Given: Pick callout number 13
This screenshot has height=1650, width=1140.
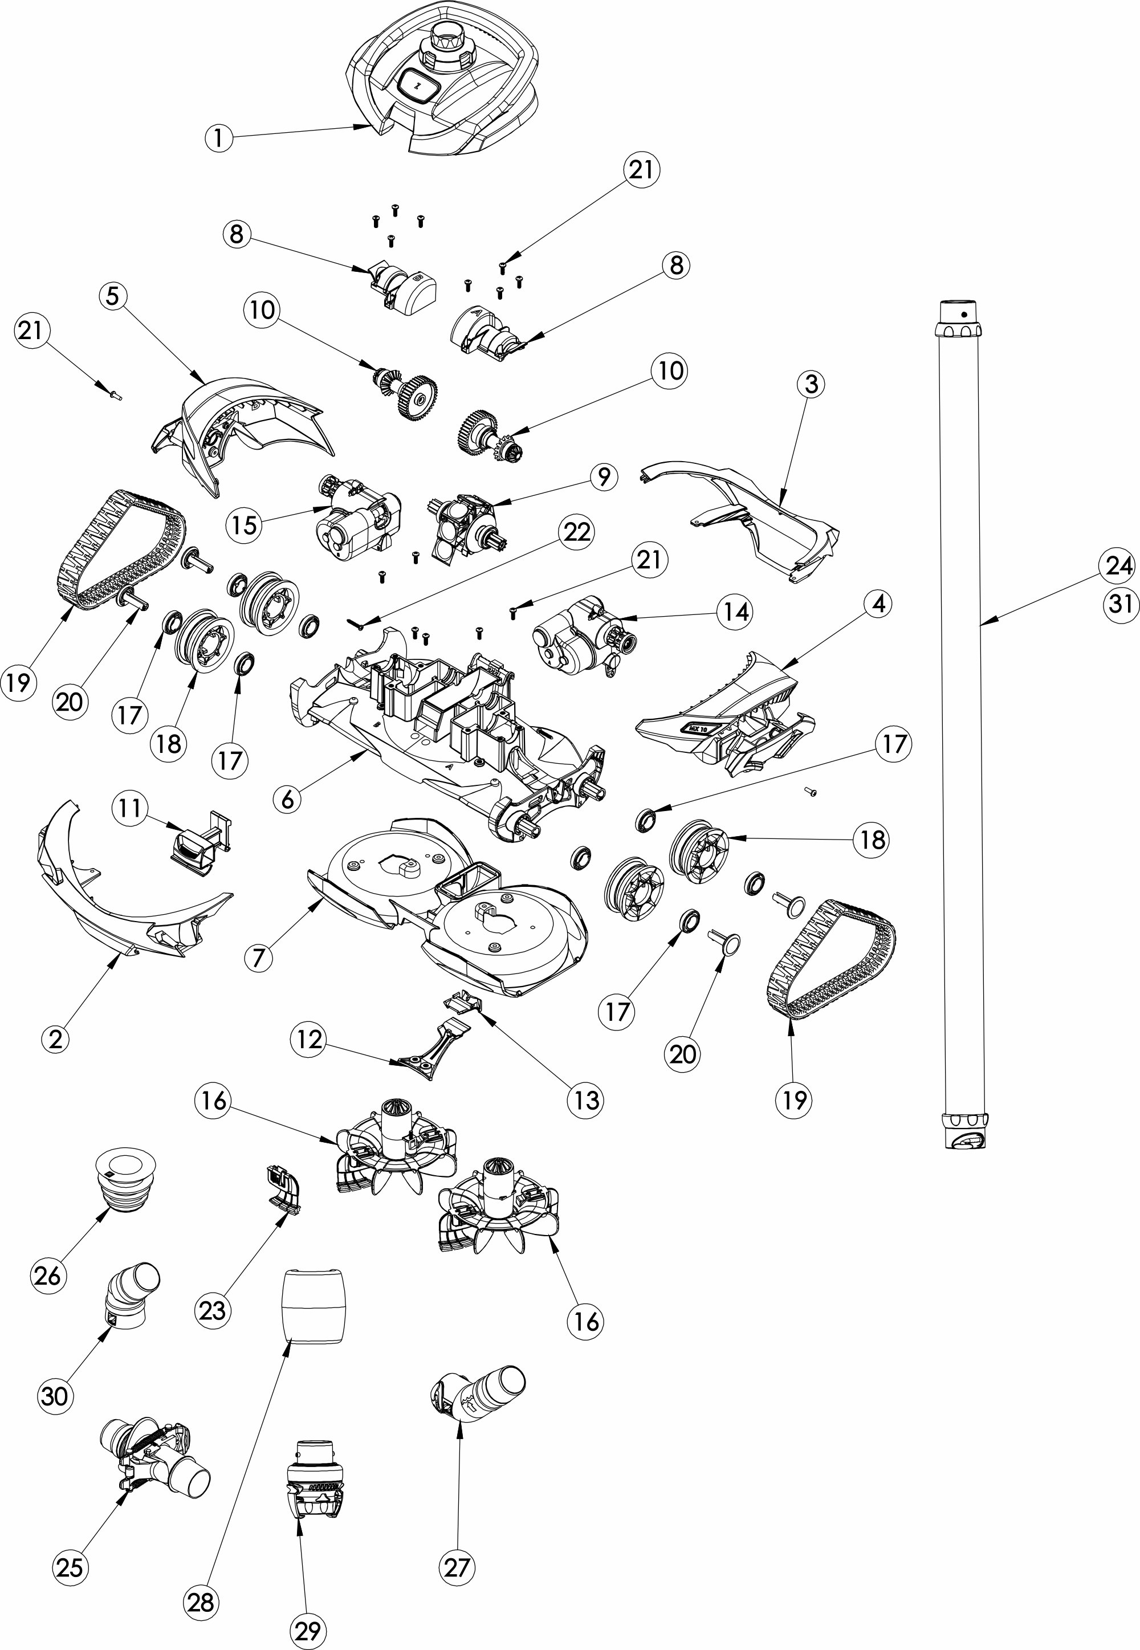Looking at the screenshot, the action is click(x=587, y=1100).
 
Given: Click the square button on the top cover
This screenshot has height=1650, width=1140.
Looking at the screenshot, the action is click(x=418, y=84).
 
